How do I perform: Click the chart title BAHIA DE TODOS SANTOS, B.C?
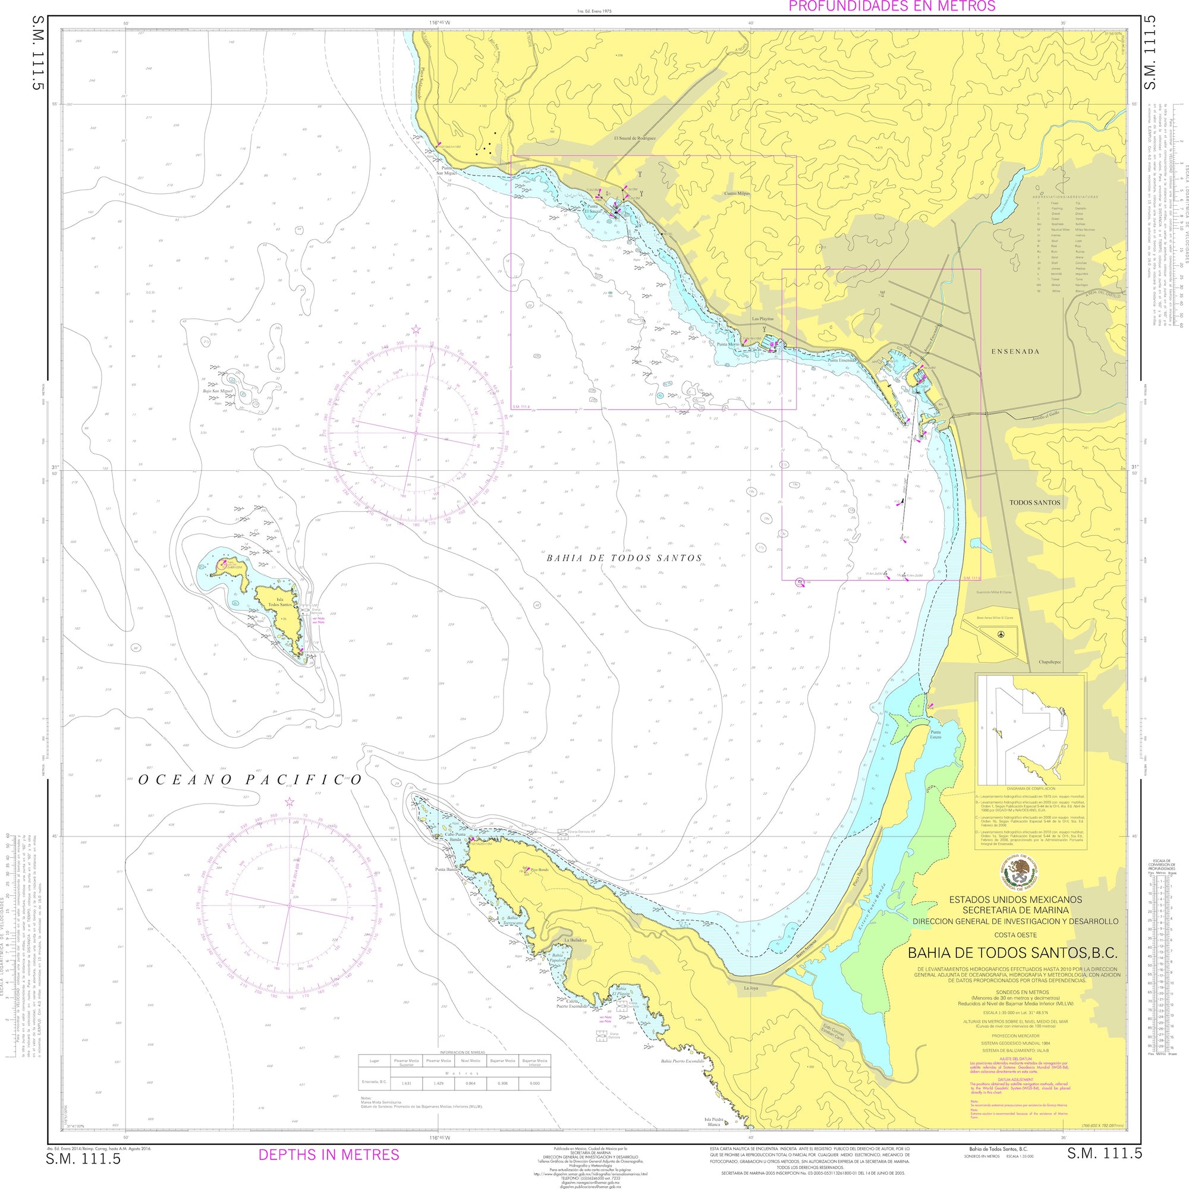(1012, 952)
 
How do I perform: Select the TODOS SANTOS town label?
(1034, 502)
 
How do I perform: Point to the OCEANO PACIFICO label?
(250, 780)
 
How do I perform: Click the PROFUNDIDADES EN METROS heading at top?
(892, 7)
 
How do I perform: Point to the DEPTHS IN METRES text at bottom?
(329, 1155)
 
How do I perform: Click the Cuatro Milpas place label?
(737, 193)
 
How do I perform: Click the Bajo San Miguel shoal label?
(218, 390)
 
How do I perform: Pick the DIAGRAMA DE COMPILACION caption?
(1031, 788)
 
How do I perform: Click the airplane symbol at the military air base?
(1001, 633)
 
